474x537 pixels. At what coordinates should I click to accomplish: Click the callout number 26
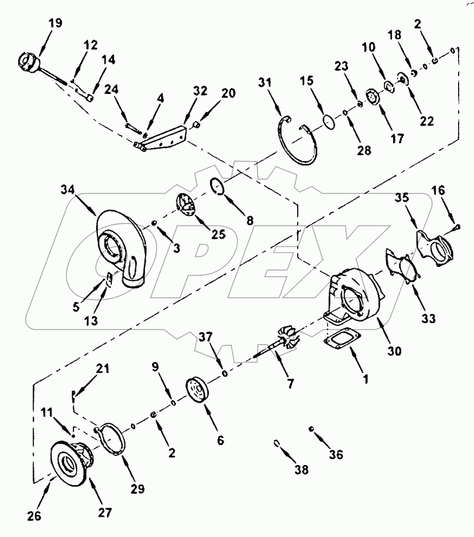pyautogui.click(x=34, y=516)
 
